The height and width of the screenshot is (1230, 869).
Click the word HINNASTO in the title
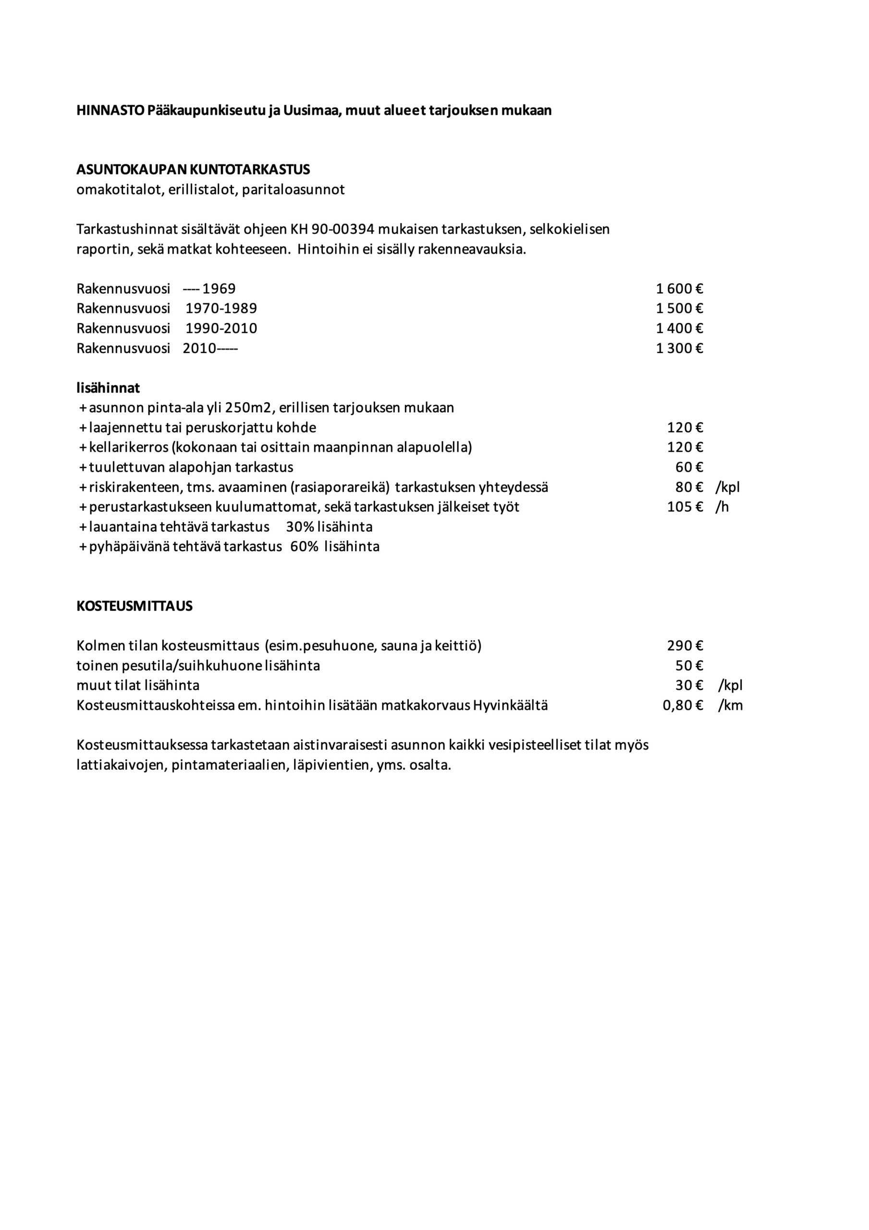pyautogui.click(x=110, y=111)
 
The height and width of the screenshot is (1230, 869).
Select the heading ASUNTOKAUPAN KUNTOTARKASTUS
pyautogui.click(x=193, y=170)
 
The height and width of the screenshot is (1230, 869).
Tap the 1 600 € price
pyautogui.click(x=679, y=289)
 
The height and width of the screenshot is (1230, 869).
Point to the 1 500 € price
pyautogui.click(x=679, y=308)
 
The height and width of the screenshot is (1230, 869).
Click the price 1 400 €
pyautogui.click(x=679, y=328)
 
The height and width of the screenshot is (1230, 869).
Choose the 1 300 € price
pyautogui.click(x=679, y=348)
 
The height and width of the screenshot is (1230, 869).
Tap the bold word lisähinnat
pyautogui.click(x=108, y=388)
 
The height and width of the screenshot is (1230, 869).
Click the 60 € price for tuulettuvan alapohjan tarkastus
pyautogui.click(x=688, y=467)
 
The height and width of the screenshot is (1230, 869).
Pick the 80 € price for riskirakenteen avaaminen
pyautogui.click(x=688, y=488)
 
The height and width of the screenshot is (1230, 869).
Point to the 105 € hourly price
pyautogui.click(x=684, y=507)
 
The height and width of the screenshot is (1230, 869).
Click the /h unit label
pyautogui.click(x=722, y=507)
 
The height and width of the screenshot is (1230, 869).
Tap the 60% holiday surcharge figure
pyautogui.click(x=304, y=547)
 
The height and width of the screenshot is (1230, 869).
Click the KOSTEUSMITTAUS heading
pyautogui.click(x=135, y=606)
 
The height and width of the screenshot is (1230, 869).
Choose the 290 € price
pyautogui.click(x=685, y=646)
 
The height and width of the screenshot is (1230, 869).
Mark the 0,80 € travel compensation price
pyautogui.click(x=682, y=705)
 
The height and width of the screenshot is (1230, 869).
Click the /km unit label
pyautogui.click(x=730, y=705)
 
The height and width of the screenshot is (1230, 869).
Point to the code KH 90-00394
pyautogui.click(x=331, y=230)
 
